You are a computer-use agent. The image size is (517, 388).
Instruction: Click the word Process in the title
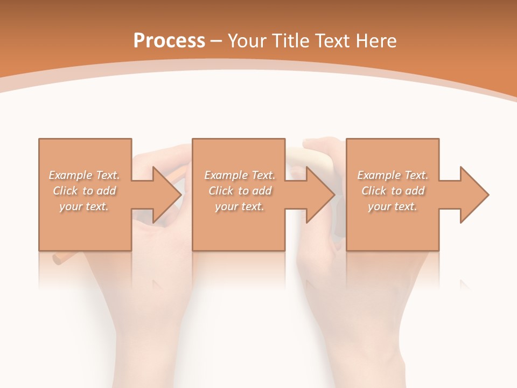(x=169, y=41)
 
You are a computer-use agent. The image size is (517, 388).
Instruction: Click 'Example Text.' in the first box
(x=84, y=175)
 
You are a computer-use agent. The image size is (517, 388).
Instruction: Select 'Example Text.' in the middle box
(x=239, y=175)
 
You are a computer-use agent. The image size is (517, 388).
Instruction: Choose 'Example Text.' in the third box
(x=393, y=175)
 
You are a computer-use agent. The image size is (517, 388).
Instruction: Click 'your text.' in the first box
(x=84, y=206)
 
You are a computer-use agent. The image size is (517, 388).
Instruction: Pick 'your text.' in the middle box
(x=239, y=206)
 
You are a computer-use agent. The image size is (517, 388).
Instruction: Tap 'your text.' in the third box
(x=393, y=206)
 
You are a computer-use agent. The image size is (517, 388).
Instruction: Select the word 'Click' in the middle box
(x=221, y=191)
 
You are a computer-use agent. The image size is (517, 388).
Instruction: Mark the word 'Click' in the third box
(x=374, y=191)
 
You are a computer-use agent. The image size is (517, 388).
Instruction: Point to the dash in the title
(x=216, y=41)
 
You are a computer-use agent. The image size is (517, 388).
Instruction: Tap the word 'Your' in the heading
(x=246, y=41)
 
